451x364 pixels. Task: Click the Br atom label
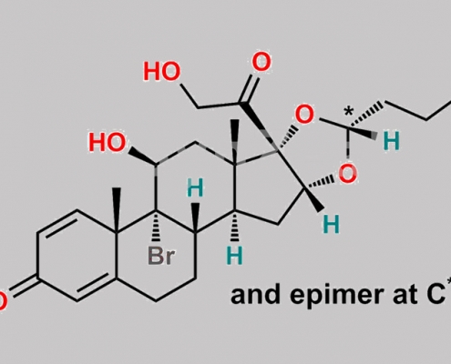161,256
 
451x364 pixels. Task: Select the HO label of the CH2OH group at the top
161,72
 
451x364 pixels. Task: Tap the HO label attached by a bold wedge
107,142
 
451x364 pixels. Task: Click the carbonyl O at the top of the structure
261,62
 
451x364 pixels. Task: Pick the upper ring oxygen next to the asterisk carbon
304,115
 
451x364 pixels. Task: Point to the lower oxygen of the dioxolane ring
347,173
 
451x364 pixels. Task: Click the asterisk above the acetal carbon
349,111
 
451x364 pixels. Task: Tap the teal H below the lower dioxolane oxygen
331,225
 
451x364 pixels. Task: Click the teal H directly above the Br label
195,187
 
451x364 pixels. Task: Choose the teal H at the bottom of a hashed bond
235,255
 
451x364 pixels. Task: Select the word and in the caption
255,295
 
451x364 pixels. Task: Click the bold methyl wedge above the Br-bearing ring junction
117,210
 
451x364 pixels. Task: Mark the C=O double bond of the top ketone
251,88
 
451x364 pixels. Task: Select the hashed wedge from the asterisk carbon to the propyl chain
366,115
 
